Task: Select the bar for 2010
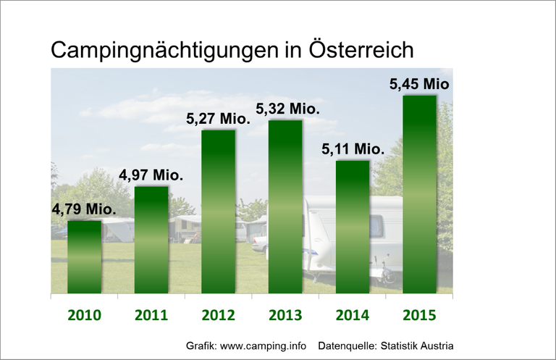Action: click(85, 256)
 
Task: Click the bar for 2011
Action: click(151, 240)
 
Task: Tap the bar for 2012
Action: click(218, 212)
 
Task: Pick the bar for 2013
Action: click(285, 206)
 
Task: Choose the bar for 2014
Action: click(353, 227)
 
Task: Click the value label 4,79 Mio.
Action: click(84, 209)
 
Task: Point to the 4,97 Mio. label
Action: click(151, 175)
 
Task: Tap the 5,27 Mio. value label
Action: click(219, 118)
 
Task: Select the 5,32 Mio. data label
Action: click(287, 109)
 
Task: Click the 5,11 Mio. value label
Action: click(353, 149)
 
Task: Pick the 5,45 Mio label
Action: click(419, 84)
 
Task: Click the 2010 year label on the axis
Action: click(85, 315)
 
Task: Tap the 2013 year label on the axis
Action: click(285, 315)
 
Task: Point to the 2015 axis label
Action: click(420, 315)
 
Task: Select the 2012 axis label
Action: click(218, 315)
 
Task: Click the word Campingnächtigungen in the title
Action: click(162, 51)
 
